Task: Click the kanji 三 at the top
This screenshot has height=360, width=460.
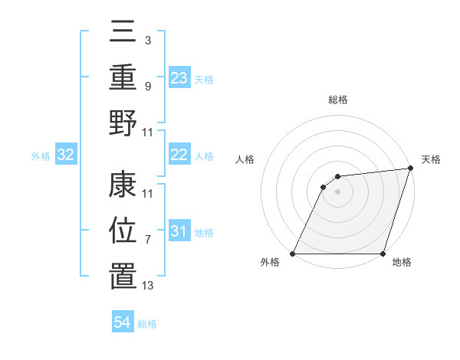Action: click(123, 33)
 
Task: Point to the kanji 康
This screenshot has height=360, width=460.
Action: click(123, 187)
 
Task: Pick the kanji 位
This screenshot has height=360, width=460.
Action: click(123, 231)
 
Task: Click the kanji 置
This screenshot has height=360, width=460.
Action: click(123, 276)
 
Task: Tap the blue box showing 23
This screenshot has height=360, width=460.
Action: click(179, 77)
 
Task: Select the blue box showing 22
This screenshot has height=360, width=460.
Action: click(179, 155)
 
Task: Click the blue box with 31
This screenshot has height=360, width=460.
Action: click(179, 231)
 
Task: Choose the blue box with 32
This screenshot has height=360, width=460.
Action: click(66, 155)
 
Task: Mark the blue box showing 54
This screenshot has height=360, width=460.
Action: click(123, 322)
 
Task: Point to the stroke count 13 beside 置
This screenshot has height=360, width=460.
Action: click(148, 286)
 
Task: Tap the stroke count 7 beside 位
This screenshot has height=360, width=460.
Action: click(147, 241)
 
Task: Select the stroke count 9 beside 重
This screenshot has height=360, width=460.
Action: click(147, 86)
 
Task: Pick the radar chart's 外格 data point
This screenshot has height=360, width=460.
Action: click(294, 254)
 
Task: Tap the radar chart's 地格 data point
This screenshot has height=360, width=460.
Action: click(383, 254)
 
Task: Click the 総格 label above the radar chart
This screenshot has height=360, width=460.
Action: click(337, 100)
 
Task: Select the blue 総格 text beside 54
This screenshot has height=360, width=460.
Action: click(147, 324)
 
